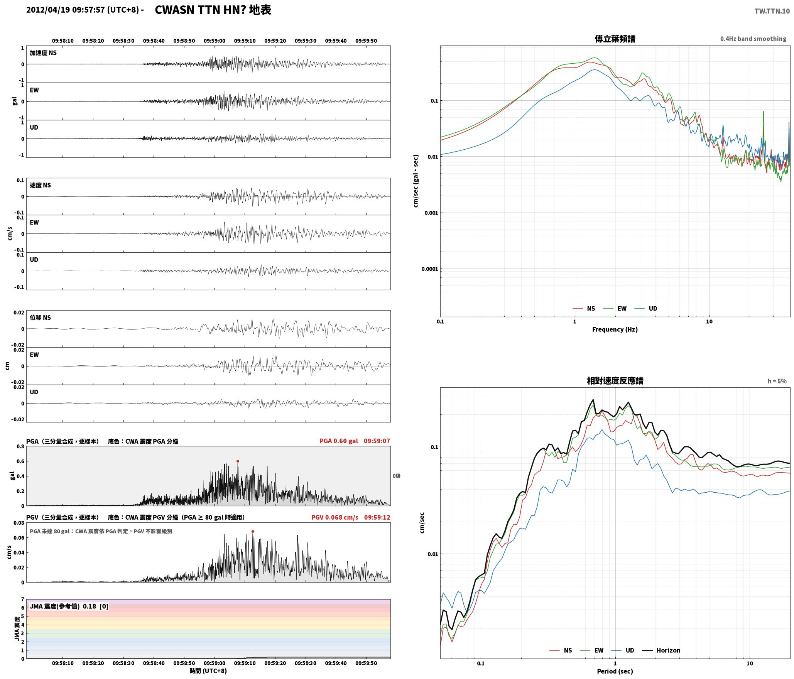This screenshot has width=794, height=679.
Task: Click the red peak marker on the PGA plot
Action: pyautogui.click(x=238, y=461)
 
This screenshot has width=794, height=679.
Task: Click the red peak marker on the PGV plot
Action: pyautogui.click(x=253, y=531)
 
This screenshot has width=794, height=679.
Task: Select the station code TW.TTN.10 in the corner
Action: pyautogui.click(x=772, y=11)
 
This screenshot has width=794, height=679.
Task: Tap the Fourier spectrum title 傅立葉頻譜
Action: pyautogui.click(x=615, y=39)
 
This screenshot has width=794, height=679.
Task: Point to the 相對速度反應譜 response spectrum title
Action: pyautogui.click(x=615, y=381)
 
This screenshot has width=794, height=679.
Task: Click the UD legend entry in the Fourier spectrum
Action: pyautogui.click(x=653, y=308)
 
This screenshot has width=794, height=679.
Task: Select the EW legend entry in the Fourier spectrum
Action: pyautogui.click(x=622, y=308)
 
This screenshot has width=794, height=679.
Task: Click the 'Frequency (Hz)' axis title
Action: pyautogui.click(x=615, y=329)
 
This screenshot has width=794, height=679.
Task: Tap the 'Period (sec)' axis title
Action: pyautogui.click(x=615, y=671)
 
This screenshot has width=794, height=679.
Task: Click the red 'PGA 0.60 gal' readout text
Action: pyautogui.click(x=339, y=441)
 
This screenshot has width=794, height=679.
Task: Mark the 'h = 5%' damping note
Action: pyautogui.click(x=777, y=381)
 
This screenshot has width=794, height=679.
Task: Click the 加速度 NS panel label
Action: pyautogui.click(x=43, y=53)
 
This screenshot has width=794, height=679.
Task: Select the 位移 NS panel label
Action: pyautogui.click(x=41, y=318)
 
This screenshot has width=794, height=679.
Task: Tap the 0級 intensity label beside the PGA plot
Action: pyautogui.click(x=397, y=476)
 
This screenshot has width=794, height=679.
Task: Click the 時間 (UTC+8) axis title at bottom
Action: pyautogui.click(x=208, y=671)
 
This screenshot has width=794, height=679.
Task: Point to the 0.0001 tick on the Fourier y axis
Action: pyautogui.click(x=430, y=269)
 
